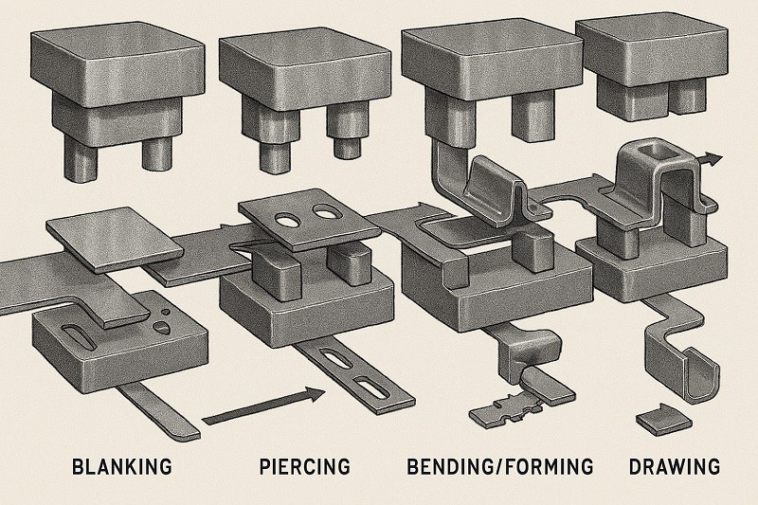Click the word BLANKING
pos(123,466)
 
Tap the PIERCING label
pos(304,466)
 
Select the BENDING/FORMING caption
pos(499,466)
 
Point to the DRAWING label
pos(673,466)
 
